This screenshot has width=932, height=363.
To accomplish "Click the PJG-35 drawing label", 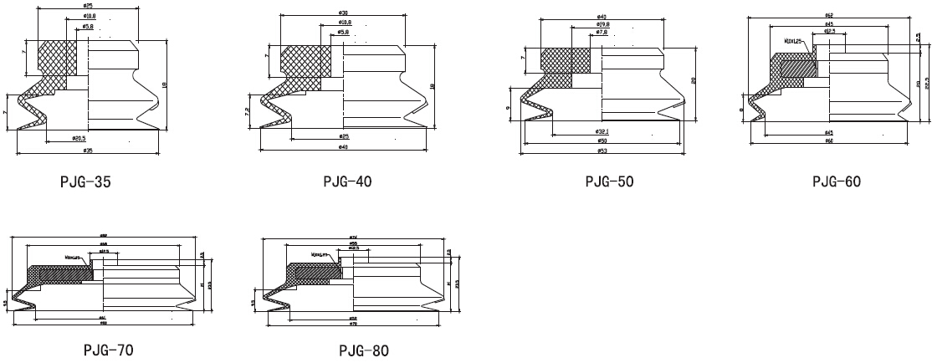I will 86,181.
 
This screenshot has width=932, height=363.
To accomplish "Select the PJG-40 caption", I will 347,181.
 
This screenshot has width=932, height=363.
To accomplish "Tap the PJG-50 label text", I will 610,181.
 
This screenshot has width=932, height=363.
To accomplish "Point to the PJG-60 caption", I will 836,181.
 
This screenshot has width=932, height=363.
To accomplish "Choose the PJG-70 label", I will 108,350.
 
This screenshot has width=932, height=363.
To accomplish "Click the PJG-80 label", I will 363,350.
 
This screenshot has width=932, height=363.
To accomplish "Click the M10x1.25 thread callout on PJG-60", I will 792,39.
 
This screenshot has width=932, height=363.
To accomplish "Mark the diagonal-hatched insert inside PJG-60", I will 795,70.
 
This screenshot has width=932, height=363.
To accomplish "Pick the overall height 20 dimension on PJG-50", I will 694,80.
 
